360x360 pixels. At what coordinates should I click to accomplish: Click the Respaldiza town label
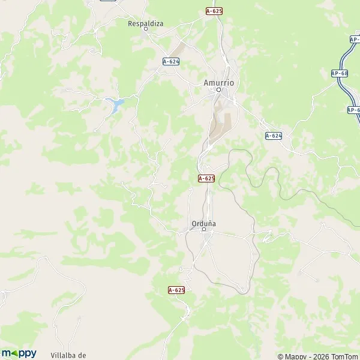click(x=145, y=24)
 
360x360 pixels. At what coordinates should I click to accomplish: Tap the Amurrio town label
click(x=218, y=83)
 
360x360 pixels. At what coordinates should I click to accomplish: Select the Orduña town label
click(x=203, y=223)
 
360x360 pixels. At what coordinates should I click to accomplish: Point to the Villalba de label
click(x=69, y=355)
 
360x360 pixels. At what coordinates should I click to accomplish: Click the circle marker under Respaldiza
click(x=145, y=29)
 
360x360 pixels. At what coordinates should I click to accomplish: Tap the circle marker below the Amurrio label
click(x=218, y=90)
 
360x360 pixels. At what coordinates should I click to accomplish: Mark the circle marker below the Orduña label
click(x=203, y=229)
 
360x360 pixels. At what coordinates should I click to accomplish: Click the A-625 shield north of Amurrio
click(x=214, y=11)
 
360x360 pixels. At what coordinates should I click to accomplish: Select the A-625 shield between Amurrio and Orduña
click(x=206, y=178)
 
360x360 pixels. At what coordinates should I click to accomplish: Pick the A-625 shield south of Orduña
click(x=176, y=290)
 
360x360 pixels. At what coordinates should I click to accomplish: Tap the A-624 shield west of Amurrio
click(x=171, y=61)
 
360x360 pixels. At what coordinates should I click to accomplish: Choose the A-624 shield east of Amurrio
click(x=274, y=136)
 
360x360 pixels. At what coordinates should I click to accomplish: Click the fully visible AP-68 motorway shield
click(x=340, y=73)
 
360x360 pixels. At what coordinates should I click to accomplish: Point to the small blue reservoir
click(x=115, y=106)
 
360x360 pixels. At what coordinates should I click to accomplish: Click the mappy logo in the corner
click(x=19, y=353)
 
